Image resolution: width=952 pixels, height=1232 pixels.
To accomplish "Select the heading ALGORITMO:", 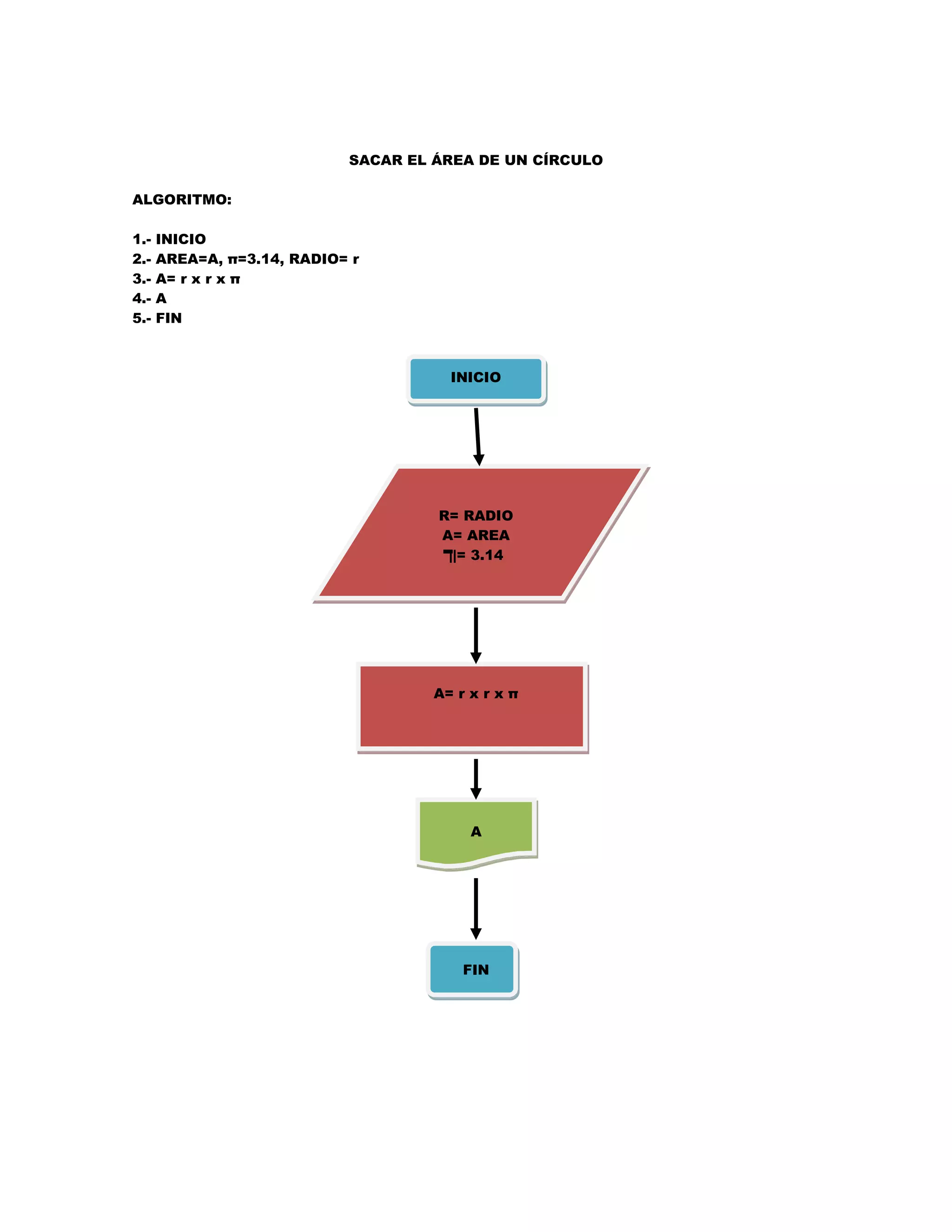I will point(182,200).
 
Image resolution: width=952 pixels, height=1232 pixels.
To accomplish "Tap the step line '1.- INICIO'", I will point(169,239).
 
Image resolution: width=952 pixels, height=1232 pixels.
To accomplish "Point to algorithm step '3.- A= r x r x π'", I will point(186,278).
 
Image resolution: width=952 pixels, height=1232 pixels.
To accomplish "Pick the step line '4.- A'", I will point(150,298).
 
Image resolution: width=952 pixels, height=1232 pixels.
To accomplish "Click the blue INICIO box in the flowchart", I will point(476,378).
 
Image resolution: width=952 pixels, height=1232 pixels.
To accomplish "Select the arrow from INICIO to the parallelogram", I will point(477,436).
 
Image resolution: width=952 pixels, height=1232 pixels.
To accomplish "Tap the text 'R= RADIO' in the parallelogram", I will point(476,516).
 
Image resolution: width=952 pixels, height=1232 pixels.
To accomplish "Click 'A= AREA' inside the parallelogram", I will point(476,535).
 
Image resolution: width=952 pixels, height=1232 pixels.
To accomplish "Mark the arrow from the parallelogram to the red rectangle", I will point(476,635).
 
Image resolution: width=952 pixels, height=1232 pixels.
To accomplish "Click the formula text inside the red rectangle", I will point(476,694).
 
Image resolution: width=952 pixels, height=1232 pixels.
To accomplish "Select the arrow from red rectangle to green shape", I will point(476,778).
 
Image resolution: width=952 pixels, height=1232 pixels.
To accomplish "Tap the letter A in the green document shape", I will point(476,832).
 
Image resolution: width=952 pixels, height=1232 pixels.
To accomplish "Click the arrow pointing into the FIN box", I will point(476,908).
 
